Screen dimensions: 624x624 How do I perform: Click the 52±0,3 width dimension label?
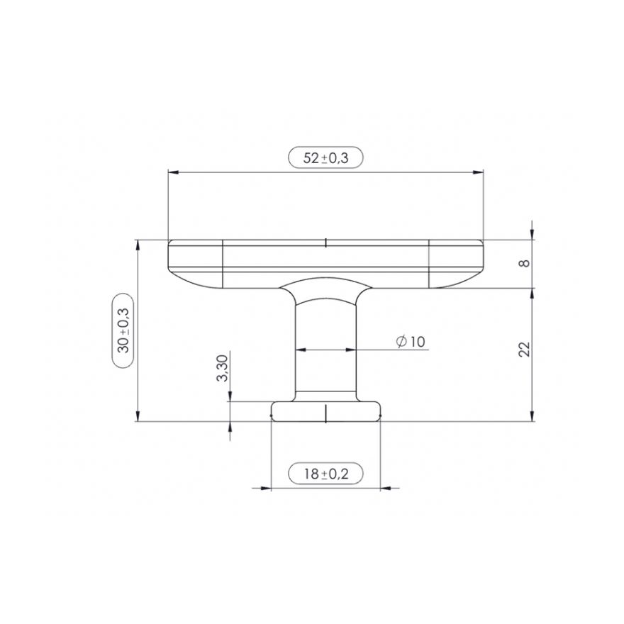pos(325,158)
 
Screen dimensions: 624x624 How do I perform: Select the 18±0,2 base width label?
pos(325,473)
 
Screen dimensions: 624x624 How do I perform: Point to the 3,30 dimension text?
pos(222,369)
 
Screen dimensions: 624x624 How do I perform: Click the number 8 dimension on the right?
pos(524,263)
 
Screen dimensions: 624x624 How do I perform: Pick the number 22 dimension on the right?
pos(524,349)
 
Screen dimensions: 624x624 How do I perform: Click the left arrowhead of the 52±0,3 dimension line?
pos(171,172)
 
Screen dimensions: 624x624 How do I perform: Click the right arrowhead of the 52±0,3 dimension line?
pos(479,172)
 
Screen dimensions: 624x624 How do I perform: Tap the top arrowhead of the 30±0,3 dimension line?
pos(137,245)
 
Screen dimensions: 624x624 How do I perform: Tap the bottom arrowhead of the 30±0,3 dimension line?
pos(137,417)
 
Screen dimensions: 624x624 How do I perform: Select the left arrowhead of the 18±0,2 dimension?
pos(267,487)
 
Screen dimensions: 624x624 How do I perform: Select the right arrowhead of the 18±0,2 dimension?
pos(385,487)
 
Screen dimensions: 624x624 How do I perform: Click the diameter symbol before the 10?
pos(401,342)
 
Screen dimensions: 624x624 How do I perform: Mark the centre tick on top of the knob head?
pos(325,243)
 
